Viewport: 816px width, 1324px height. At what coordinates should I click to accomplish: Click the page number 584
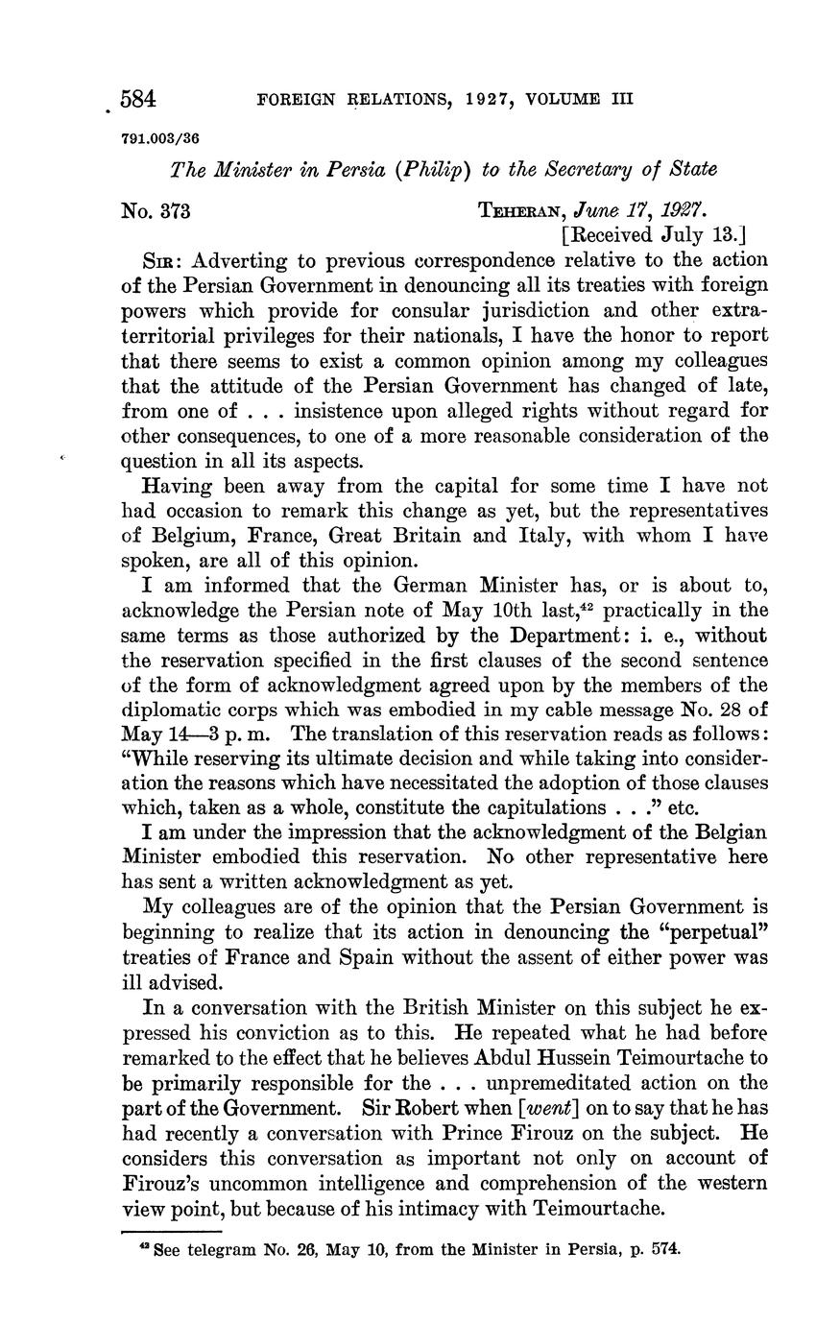[x=137, y=99]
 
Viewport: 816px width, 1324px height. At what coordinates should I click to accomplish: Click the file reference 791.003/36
[x=159, y=137]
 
